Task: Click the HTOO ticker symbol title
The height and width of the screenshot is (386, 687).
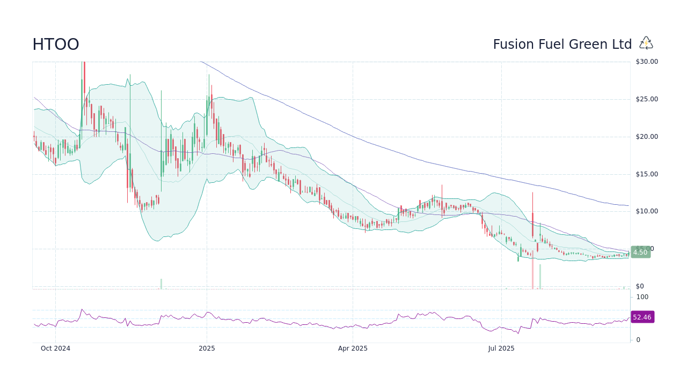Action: click(56, 44)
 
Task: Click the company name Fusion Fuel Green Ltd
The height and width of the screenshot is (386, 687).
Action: click(562, 44)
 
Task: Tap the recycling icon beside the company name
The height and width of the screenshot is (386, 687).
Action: click(646, 43)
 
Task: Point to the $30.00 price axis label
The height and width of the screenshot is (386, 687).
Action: click(647, 62)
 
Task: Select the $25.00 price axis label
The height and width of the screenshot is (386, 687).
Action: click(647, 99)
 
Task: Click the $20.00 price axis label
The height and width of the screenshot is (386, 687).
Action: click(647, 137)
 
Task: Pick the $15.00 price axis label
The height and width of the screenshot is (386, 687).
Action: click(647, 174)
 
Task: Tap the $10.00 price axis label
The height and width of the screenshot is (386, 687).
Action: click(647, 211)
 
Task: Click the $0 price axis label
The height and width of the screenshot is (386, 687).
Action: click(640, 286)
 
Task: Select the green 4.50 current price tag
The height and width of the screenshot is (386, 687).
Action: click(640, 253)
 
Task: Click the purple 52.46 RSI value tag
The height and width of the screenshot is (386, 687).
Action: click(642, 317)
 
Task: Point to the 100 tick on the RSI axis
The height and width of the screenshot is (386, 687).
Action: click(642, 297)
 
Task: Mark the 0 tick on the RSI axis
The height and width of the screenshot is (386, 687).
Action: click(638, 340)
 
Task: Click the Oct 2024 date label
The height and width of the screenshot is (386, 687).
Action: click(56, 348)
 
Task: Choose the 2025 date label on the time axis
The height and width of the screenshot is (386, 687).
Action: click(207, 348)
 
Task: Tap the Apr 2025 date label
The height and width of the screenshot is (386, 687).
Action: click(353, 348)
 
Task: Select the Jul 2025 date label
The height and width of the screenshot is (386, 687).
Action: click(501, 348)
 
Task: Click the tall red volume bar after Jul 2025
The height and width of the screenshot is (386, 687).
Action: click(533, 271)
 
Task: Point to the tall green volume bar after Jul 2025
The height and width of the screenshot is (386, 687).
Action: click(540, 277)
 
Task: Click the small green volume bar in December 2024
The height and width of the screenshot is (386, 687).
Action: click(161, 284)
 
